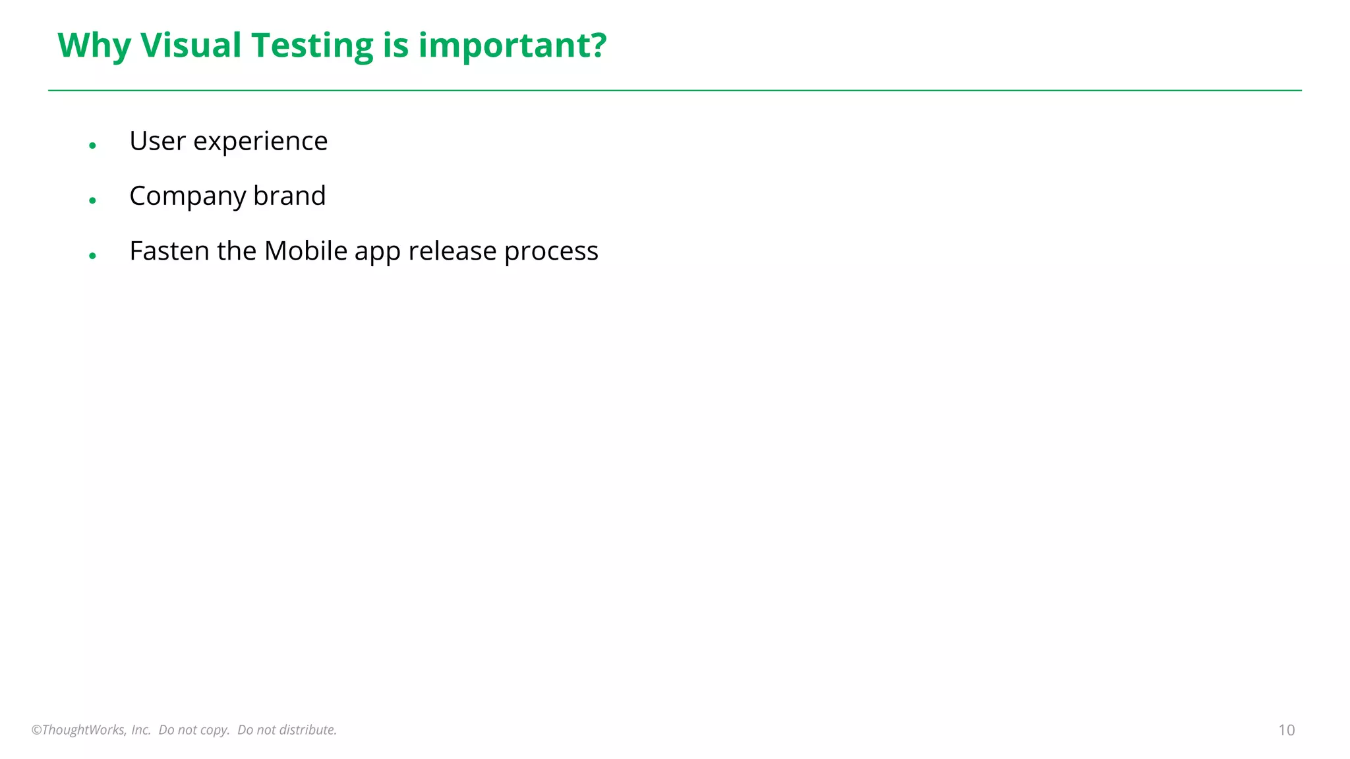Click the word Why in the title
coord(94,45)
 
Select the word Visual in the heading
coord(191,45)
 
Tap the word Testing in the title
coord(312,45)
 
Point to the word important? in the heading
coord(512,45)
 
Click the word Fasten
coord(169,251)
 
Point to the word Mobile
coord(305,251)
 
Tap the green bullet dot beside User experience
coord(93,146)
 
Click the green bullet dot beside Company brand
coord(93,200)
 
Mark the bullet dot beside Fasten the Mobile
coord(93,256)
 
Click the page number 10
coord(1286,730)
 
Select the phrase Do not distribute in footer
coord(287,730)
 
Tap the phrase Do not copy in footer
coord(194,730)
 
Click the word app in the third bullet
coord(378,251)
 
